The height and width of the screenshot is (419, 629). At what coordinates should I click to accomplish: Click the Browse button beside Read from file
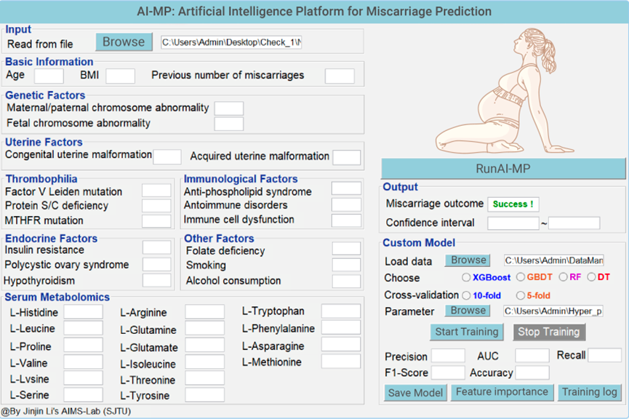(124, 41)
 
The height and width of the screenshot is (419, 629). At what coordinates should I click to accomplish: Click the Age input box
(49, 76)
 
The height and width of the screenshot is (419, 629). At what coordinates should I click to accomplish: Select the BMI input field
(120, 76)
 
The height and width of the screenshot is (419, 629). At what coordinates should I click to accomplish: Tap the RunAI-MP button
(503, 169)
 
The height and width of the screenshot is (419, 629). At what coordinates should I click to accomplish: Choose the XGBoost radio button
(466, 277)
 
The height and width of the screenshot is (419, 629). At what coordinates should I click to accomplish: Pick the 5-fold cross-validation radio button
(521, 295)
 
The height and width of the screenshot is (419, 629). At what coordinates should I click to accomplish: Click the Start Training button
(467, 332)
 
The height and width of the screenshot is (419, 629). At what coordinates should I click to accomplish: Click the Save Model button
(415, 393)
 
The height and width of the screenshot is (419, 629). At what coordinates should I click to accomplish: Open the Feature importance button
(502, 392)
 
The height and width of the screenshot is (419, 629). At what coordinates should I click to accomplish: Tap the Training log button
(589, 392)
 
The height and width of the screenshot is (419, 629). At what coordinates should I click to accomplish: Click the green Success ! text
(513, 204)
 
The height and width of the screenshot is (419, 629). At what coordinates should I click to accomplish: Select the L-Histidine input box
(84, 312)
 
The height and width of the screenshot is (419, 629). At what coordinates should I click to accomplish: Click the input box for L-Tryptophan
(340, 311)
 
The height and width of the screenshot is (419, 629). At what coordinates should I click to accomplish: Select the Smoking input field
(346, 265)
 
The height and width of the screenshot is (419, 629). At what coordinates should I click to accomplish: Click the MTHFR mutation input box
(156, 220)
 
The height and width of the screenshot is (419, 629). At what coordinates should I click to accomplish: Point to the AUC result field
(532, 356)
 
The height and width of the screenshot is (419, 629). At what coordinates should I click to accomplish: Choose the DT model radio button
(591, 277)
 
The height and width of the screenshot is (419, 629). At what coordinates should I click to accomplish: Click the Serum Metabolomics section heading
(57, 297)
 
